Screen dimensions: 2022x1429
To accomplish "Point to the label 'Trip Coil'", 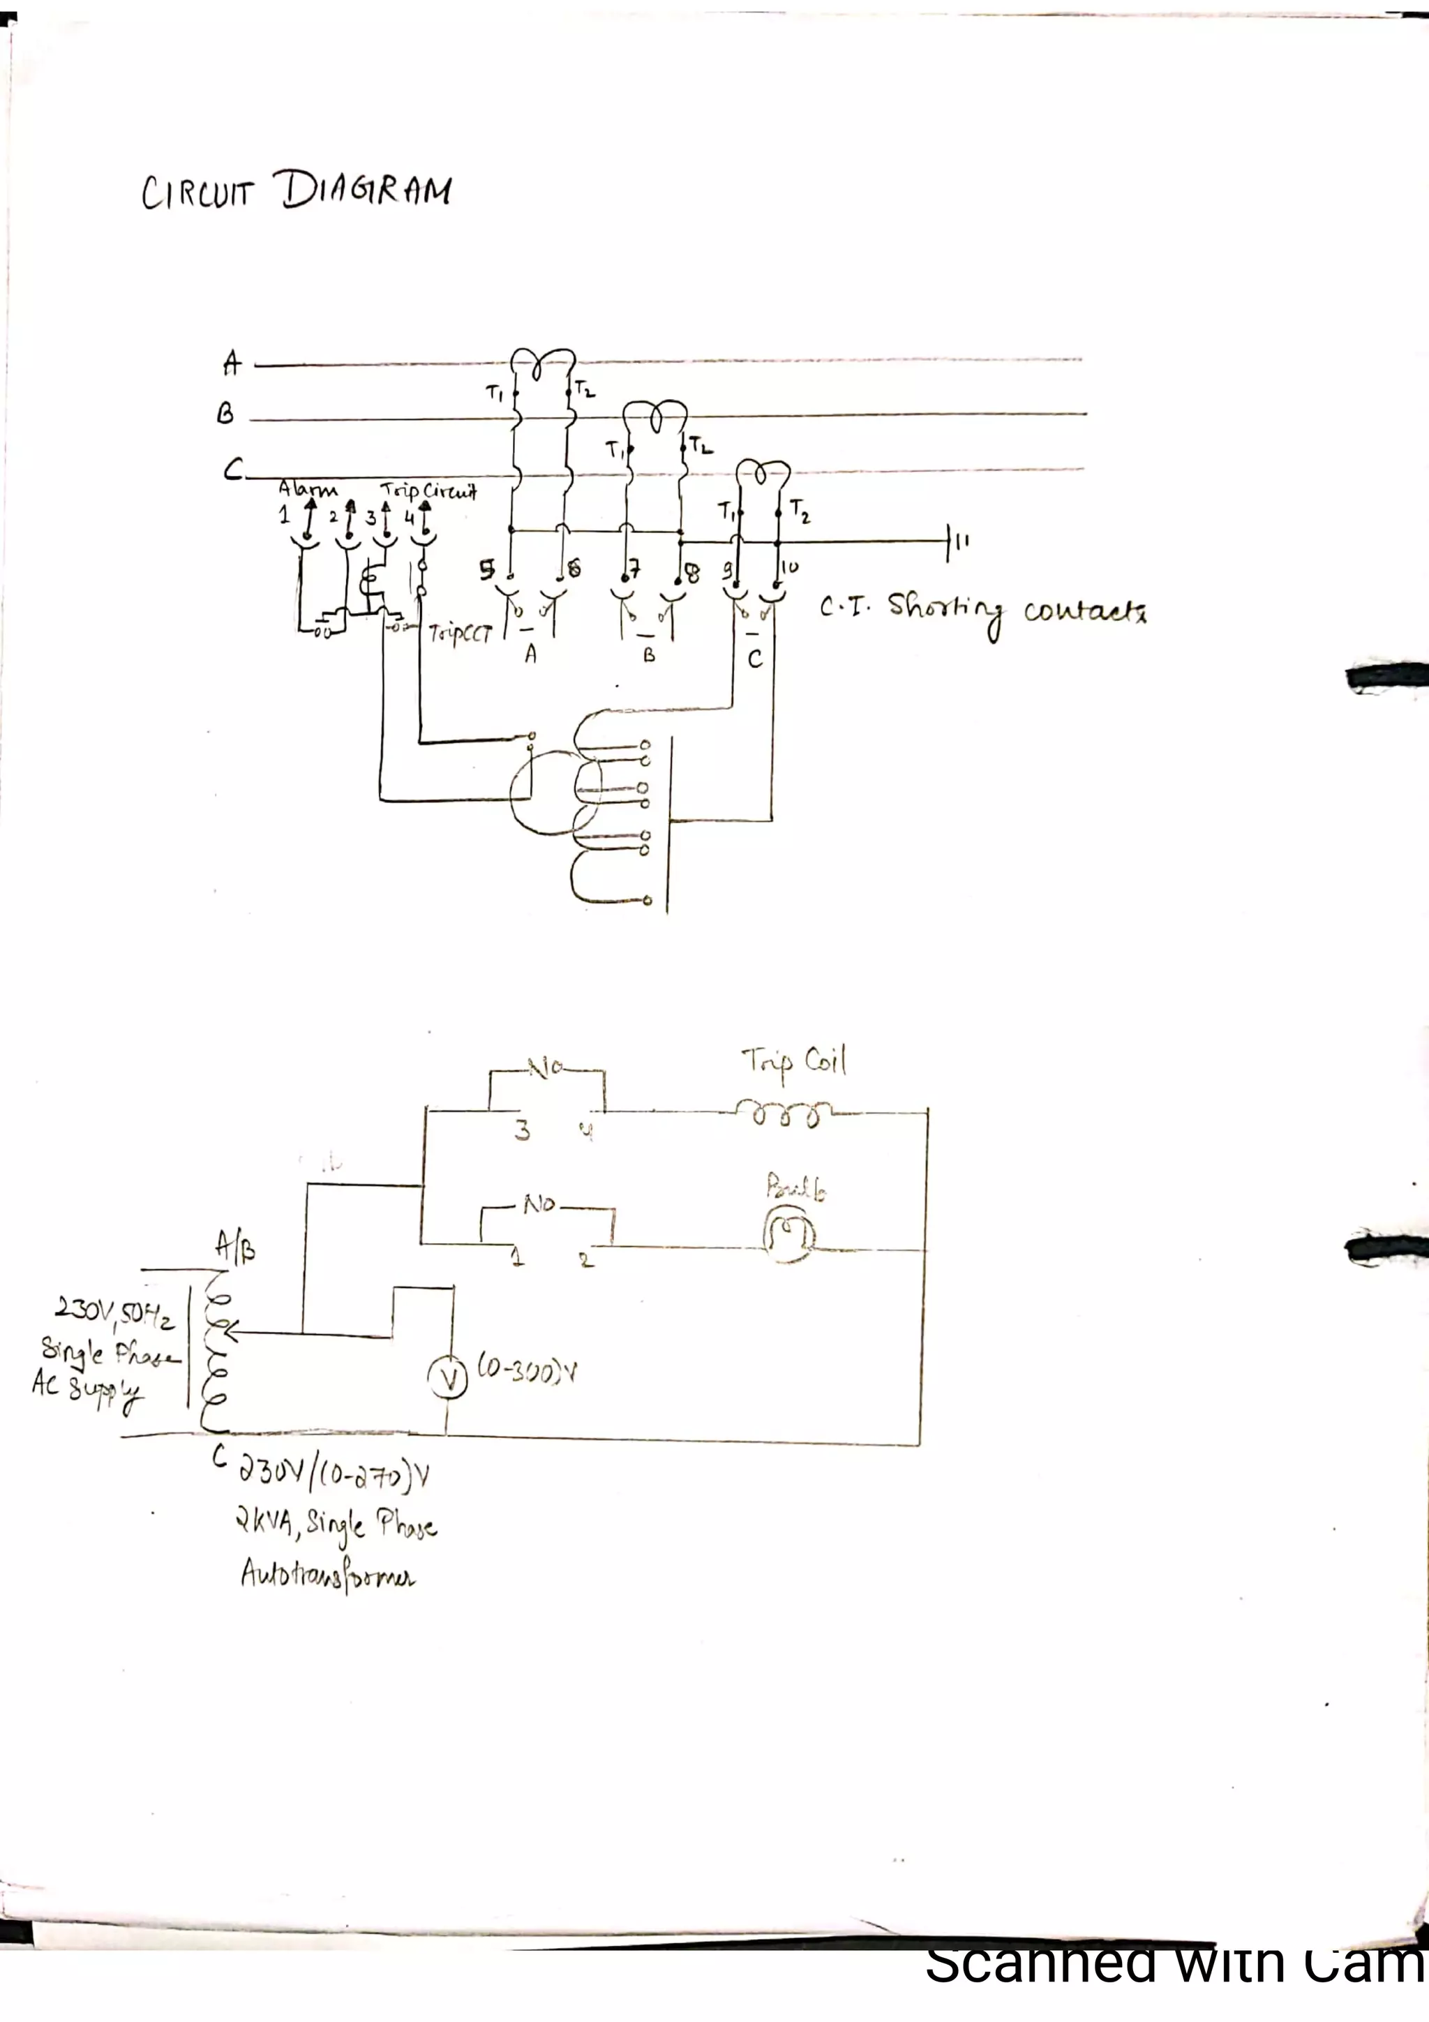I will pos(794,1062).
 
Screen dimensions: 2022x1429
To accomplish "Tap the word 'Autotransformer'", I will pos(327,1575).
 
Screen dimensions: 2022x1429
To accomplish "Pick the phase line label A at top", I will pos(232,362).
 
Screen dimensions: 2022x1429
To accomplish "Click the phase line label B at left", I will pos(225,414).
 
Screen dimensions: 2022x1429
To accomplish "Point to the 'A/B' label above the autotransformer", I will pos(235,1247).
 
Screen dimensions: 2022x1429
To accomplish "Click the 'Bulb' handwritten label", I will pos(796,1188).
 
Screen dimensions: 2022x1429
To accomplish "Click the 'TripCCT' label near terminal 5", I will pos(460,634).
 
